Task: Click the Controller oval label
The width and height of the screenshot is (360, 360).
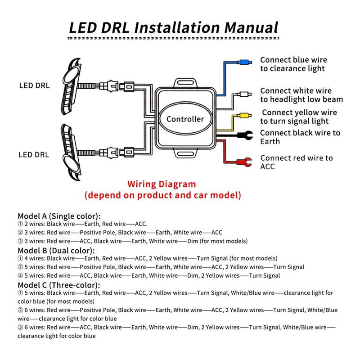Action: (185, 119)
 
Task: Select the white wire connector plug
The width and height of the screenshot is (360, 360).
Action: (245, 94)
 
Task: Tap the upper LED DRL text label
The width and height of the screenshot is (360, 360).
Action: (35, 85)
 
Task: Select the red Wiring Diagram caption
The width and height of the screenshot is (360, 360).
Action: (162, 184)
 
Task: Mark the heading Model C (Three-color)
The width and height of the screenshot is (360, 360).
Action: (59, 285)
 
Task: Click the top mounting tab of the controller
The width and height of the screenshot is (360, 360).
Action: (184, 82)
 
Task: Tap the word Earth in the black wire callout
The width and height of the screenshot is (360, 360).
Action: (270, 141)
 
